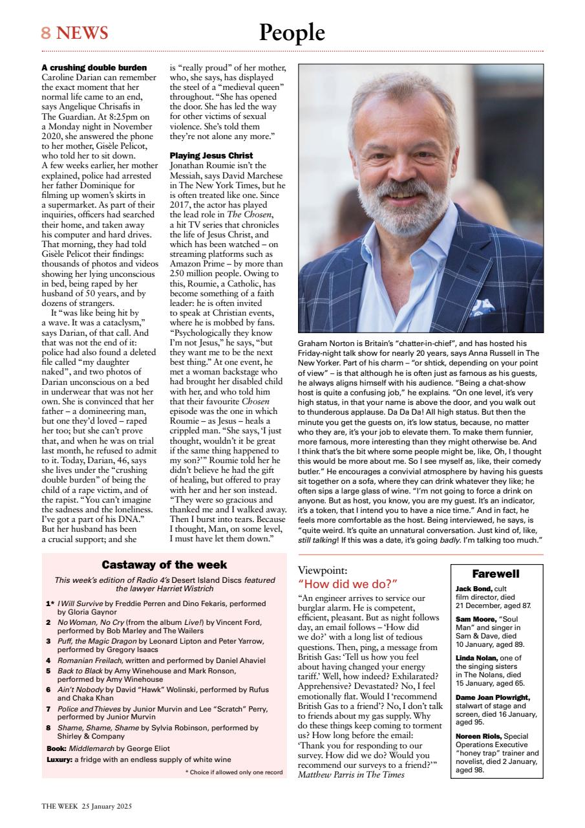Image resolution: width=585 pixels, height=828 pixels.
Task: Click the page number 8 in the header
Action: point(47,32)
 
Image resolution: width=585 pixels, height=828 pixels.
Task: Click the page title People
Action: point(292,32)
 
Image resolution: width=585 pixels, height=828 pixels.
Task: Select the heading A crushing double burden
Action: point(94,67)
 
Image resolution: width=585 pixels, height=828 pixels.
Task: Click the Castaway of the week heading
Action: point(164,565)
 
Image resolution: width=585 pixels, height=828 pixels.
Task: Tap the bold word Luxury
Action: point(59,759)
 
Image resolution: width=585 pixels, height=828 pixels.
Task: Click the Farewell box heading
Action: point(496,574)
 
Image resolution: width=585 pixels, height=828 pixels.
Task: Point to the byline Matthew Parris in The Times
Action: point(351,774)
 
